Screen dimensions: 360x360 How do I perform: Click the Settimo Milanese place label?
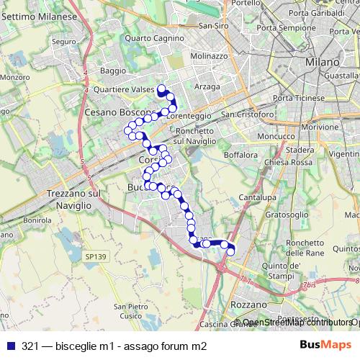[39, 16]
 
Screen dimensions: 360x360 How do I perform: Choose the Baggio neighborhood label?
[113, 71]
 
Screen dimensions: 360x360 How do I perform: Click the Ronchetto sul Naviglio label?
[194, 136]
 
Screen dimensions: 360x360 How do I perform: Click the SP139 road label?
[94, 256]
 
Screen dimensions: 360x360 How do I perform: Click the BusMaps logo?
[325, 346]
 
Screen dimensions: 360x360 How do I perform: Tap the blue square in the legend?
[9, 346]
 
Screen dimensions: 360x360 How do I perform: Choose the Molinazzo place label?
[210, 55]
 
